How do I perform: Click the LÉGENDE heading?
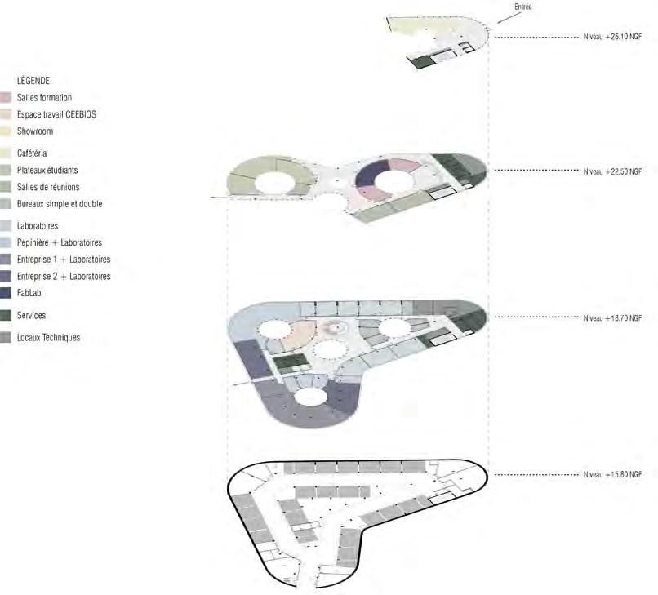[x=33, y=81]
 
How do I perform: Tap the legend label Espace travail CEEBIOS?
[x=56, y=115]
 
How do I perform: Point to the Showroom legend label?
[x=35, y=131]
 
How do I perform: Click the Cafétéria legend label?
[x=32, y=153]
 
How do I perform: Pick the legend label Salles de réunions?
[x=48, y=187]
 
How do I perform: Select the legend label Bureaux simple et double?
[x=60, y=204]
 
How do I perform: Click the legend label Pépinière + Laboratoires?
[x=59, y=243]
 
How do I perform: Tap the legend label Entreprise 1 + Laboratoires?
[x=63, y=260]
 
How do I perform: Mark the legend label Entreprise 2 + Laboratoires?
[x=63, y=277]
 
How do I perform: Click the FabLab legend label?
[x=29, y=292]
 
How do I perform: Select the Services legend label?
[x=31, y=315]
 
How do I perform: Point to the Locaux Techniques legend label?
[x=48, y=337]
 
